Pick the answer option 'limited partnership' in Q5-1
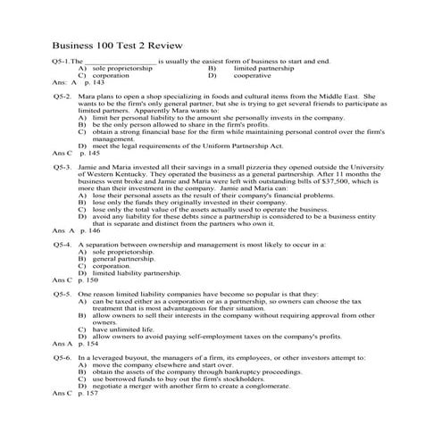[264, 68]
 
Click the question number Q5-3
[62, 167]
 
